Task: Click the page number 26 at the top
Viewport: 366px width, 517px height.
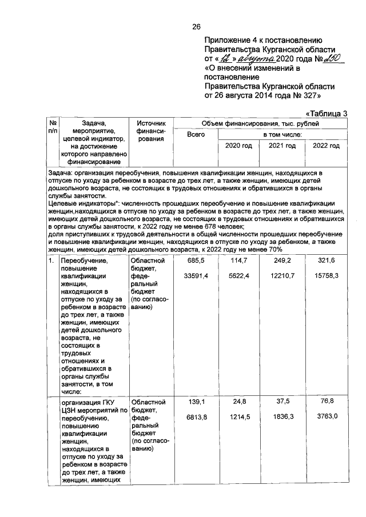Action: coord(196,27)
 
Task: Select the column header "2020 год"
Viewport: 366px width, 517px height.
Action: coord(238,146)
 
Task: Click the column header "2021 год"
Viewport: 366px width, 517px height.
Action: coord(281,146)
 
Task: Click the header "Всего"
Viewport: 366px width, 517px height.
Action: coord(196,135)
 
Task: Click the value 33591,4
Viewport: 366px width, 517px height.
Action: coord(196,276)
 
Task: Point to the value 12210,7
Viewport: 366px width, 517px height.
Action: coord(281,276)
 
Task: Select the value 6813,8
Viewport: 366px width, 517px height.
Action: coord(196,418)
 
